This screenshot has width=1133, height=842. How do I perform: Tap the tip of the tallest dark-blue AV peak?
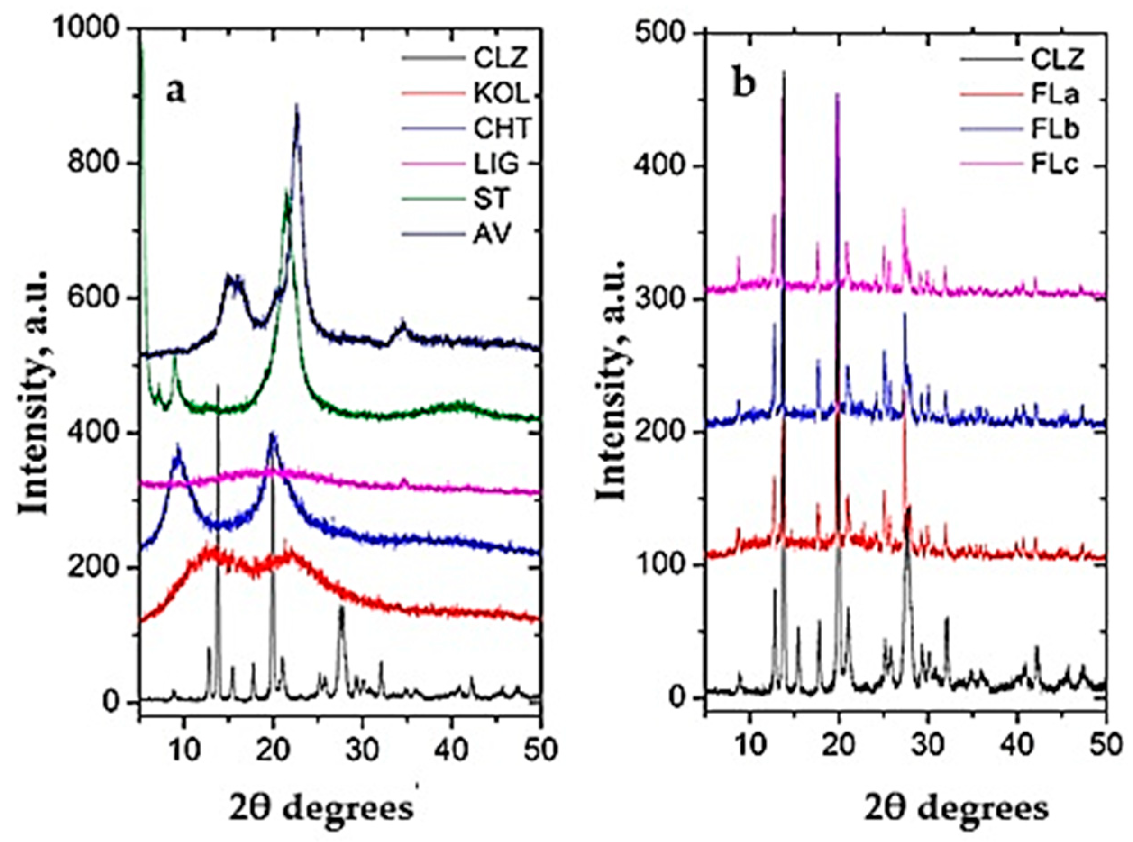(x=297, y=105)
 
